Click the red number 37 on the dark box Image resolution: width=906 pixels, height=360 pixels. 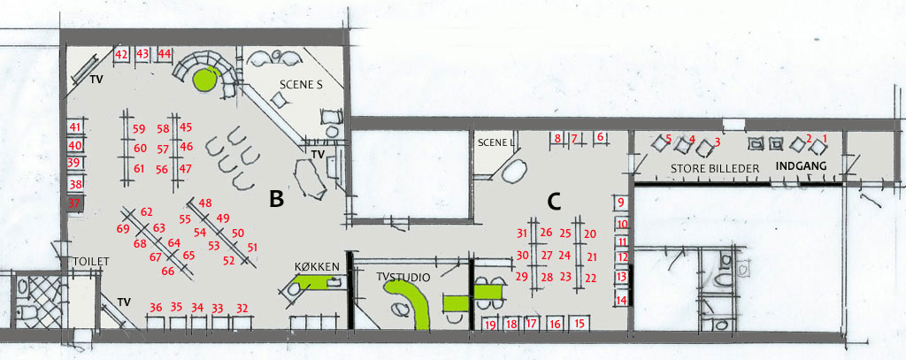click(x=74, y=203)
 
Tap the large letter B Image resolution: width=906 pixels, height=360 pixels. click(x=276, y=199)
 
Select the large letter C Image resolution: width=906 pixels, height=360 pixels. click(x=554, y=201)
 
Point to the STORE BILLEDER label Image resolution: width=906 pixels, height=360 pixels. click(x=714, y=169)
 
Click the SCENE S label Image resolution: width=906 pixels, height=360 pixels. click(x=301, y=84)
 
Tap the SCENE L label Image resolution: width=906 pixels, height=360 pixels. click(x=496, y=142)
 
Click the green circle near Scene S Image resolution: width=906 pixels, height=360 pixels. click(x=205, y=80)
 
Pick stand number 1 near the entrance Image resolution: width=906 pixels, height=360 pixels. click(x=825, y=139)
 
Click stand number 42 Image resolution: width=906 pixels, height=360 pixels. click(x=121, y=54)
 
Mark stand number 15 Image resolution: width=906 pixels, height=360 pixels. click(x=580, y=324)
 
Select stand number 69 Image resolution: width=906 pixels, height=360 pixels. click(x=122, y=229)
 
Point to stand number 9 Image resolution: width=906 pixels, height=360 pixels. click(x=621, y=203)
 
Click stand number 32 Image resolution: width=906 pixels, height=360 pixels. click(x=242, y=309)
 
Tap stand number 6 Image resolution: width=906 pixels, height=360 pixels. click(x=600, y=137)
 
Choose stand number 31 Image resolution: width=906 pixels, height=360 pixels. click(x=522, y=234)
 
